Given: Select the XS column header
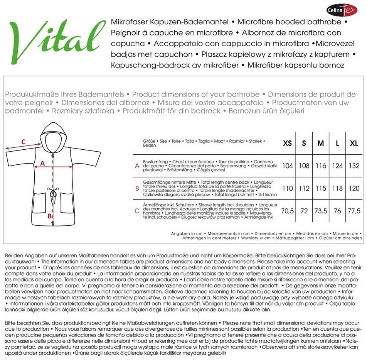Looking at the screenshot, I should (288, 144).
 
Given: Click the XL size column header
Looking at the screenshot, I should (354, 144).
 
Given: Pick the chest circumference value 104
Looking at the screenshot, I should (288, 166).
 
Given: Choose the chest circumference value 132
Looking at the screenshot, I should (354, 166).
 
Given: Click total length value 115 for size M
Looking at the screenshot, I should (321, 189).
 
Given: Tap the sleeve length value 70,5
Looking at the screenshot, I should (288, 211).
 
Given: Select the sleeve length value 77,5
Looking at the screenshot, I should (354, 211).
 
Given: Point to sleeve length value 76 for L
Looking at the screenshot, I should (337, 211).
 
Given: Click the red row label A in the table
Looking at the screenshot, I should (137, 166).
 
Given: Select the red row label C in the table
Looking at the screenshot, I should (137, 211).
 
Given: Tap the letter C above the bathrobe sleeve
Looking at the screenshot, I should (24, 142).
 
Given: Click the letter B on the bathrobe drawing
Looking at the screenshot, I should (50, 216).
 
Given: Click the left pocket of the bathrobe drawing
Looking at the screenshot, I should (39, 203).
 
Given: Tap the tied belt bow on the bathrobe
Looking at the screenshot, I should (53, 193).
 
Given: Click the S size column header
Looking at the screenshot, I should (304, 144).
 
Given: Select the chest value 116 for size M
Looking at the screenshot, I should (321, 166).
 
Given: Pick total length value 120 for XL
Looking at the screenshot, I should (354, 189).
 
